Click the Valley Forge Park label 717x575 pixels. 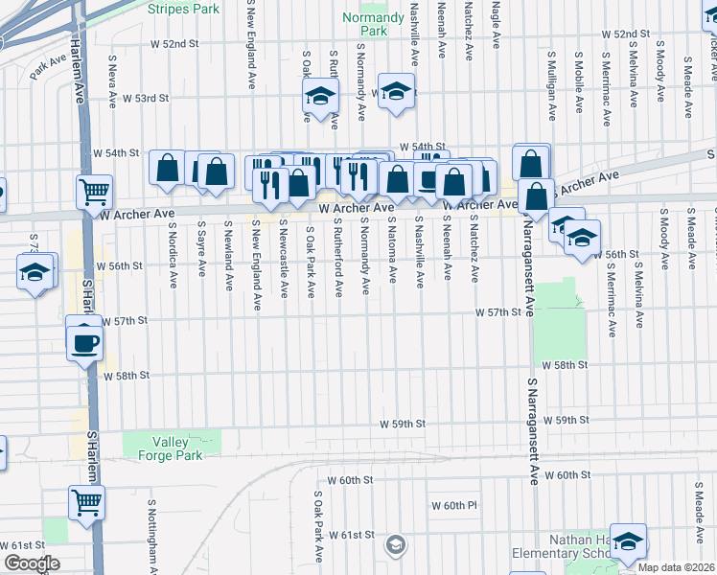tap(176, 448)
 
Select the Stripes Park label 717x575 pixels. tap(184, 9)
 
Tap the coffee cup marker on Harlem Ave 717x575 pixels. tap(84, 341)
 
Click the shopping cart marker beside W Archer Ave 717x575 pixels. tap(94, 192)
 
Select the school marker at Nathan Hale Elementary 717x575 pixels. tap(629, 542)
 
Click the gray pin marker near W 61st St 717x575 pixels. tap(395, 545)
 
